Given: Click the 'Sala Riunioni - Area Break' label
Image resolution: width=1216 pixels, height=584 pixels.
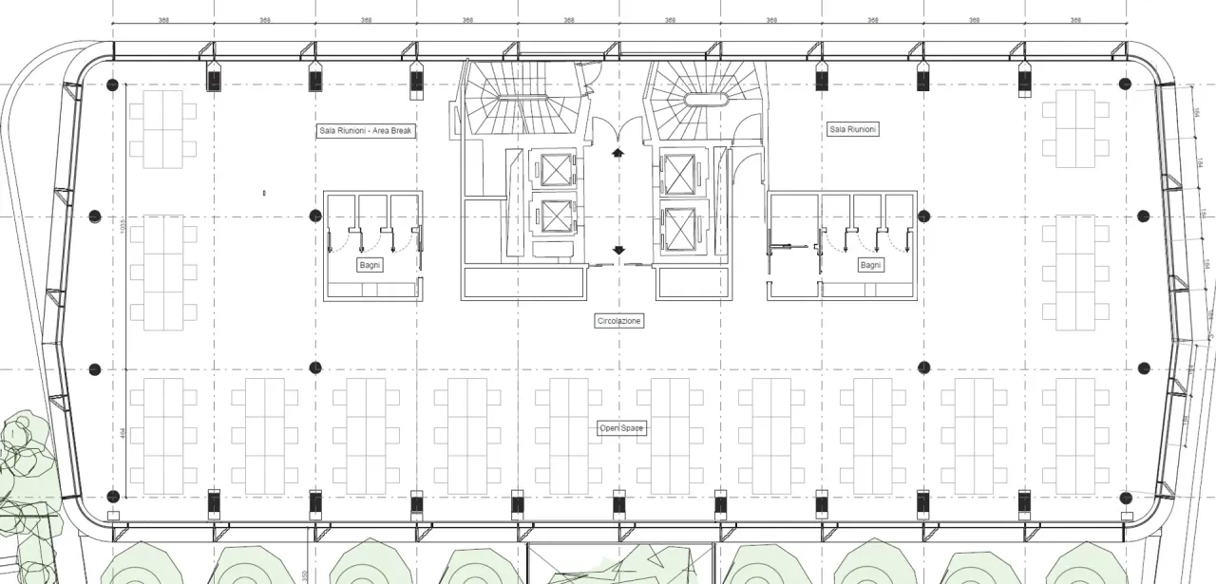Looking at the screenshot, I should click(367, 131).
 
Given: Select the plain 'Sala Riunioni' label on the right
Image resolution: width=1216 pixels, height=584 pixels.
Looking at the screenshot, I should click(853, 129).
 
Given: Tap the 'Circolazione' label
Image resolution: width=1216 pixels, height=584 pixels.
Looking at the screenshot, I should click(619, 321).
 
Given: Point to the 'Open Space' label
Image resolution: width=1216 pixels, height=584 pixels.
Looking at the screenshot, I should click(621, 429).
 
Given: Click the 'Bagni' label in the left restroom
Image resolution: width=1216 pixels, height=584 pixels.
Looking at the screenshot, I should click(370, 265).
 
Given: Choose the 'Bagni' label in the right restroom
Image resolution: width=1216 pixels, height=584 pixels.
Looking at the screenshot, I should click(870, 265).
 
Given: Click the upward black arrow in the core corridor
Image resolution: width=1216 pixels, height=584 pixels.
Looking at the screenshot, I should click(619, 152).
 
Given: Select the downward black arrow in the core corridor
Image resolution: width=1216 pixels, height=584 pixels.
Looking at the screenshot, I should click(619, 250).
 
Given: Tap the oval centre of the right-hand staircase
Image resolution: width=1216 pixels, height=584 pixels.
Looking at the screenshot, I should click(704, 99).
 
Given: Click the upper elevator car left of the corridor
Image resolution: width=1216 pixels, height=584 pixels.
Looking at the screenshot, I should click(554, 169).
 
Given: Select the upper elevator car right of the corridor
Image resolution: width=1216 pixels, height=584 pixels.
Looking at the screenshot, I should click(679, 174).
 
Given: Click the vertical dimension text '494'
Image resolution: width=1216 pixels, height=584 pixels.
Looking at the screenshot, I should click(123, 433).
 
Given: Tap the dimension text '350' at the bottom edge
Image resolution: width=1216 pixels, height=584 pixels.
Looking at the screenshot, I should click(305, 575).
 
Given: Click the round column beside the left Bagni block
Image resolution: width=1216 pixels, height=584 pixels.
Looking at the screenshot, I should click(315, 216).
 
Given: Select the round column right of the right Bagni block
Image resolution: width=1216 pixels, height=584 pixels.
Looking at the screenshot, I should click(925, 216).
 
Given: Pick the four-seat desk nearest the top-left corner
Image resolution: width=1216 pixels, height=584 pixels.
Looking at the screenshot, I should click(162, 129).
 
